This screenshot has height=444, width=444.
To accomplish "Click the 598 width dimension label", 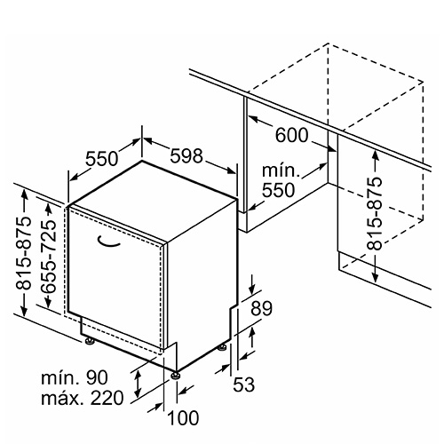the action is click(x=186, y=155).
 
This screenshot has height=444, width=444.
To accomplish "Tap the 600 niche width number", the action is click(x=292, y=135).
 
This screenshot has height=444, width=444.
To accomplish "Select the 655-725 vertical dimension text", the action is click(x=48, y=257).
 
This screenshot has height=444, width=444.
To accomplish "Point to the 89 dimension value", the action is click(x=261, y=308).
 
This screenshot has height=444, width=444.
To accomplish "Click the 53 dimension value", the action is click(x=244, y=385).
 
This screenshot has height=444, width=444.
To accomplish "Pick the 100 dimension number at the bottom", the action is click(x=183, y=417).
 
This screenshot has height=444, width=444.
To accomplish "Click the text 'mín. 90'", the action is click(x=75, y=377).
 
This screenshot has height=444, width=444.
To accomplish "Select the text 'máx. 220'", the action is click(x=82, y=398).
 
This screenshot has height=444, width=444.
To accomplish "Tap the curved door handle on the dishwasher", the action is click(x=108, y=242).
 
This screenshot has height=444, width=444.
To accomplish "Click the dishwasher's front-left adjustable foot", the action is click(x=90, y=341).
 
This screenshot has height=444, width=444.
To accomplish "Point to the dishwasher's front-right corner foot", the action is click(x=176, y=376).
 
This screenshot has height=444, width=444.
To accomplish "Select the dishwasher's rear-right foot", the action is click(x=222, y=348).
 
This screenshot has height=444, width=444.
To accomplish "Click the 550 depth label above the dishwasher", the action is click(x=102, y=158).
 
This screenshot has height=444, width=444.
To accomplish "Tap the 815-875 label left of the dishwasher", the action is click(x=23, y=252).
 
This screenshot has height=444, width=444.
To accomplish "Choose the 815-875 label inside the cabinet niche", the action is click(x=374, y=213).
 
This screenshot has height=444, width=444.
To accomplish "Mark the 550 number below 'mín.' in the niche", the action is click(x=279, y=190).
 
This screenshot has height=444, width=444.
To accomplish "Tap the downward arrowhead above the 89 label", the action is click(x=252, y=289).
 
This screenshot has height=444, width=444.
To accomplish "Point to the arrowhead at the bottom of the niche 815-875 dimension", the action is click(x=375, y=278).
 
